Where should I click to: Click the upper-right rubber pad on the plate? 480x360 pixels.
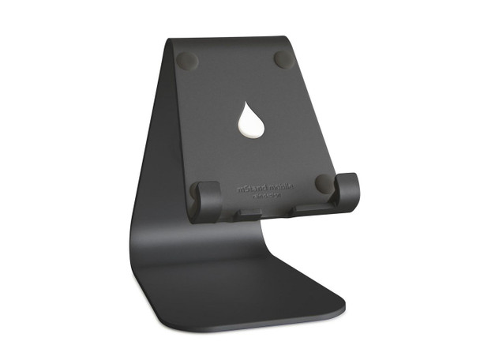283,59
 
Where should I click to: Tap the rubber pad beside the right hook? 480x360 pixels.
323,183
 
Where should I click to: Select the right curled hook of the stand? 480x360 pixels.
347,190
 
